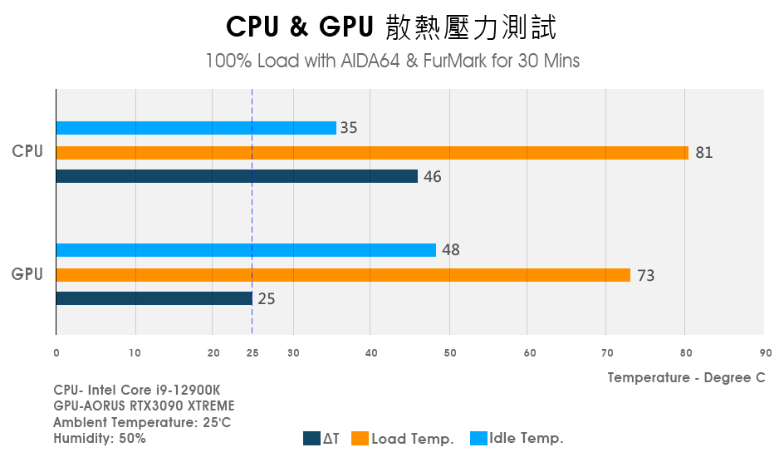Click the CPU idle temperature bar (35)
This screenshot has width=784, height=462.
[196, 128]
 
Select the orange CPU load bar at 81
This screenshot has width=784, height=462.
[372, 153]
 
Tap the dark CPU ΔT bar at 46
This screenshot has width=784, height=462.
[237, 176]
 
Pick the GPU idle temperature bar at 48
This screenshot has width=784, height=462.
[246, 250]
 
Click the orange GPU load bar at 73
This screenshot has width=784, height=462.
[343, 275]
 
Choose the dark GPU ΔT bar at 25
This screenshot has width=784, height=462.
[154, 298]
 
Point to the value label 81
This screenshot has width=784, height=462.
[704, 153]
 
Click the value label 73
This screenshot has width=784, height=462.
[645, 276]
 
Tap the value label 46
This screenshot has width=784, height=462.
[433, 177]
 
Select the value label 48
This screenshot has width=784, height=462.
[451, 250]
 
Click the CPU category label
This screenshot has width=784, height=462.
[27, 151]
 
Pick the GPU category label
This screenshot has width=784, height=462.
[27, 273]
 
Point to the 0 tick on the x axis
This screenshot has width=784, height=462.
[56, 353]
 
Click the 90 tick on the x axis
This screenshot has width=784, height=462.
[765, 353]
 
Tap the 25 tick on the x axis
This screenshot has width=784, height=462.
[252, 353]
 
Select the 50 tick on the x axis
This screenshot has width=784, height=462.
[449, 353]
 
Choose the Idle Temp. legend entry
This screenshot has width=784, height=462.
[518, 439]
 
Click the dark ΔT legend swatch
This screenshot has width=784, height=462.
[311, 439]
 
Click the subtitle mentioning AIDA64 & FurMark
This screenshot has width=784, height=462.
[392, 61]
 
